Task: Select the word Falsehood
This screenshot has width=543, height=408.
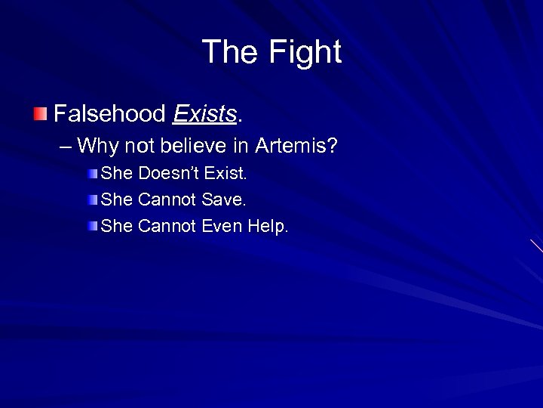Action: click(109, 114)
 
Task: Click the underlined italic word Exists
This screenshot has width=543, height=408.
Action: click(204, 114)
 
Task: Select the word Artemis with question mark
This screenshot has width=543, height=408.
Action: click(296, 144)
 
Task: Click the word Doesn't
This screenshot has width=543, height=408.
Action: click(170, 173)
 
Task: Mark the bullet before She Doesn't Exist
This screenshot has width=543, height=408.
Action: click(92, 174)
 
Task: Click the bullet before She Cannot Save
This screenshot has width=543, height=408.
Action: click(92, 200)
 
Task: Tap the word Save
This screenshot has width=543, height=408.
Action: click(225, 199)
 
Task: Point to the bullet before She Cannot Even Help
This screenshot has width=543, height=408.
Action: click(92, 227)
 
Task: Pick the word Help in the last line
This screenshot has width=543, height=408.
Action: click(268, 226)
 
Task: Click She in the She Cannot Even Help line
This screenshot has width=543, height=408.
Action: click(117, 226)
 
